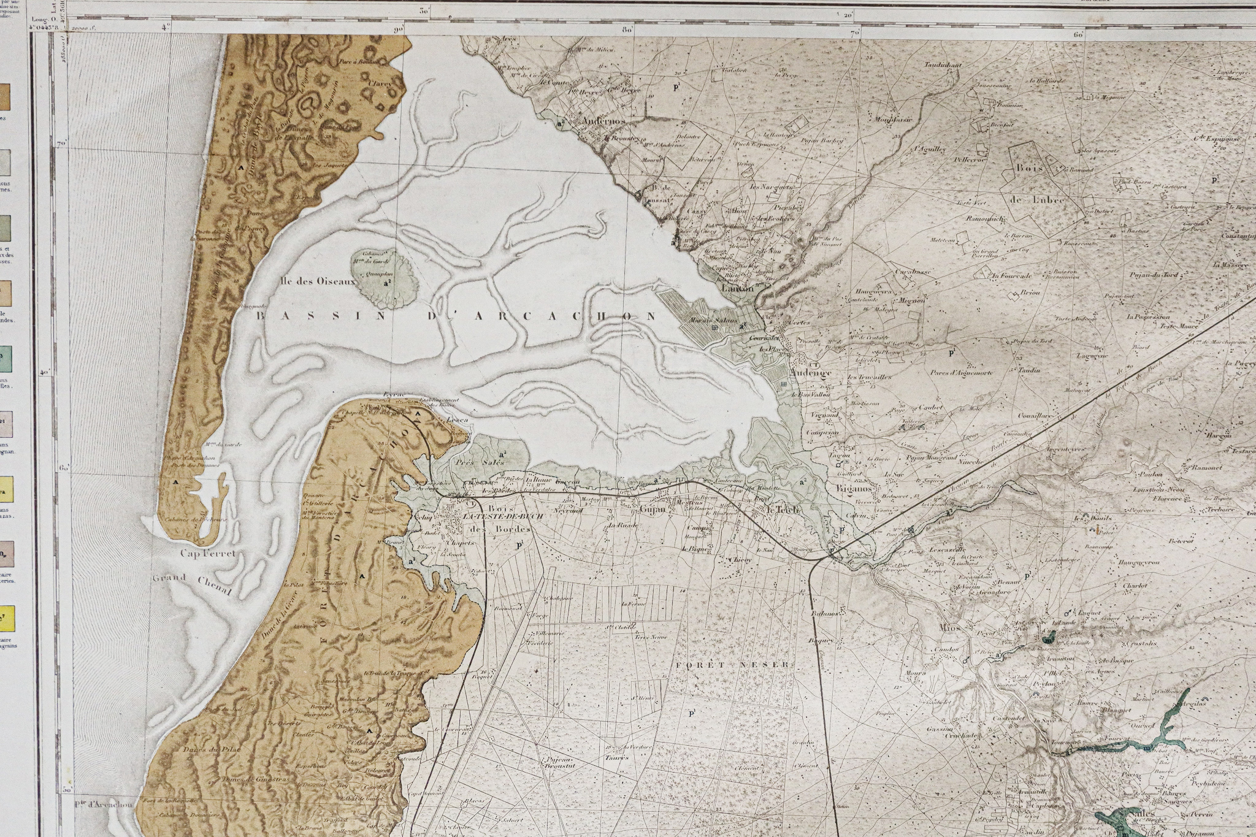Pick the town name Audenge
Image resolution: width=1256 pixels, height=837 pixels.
pyautogui.click(x=811, y=372)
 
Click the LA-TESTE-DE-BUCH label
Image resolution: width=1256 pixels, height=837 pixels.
pyautogui.click(x=503, y=517)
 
